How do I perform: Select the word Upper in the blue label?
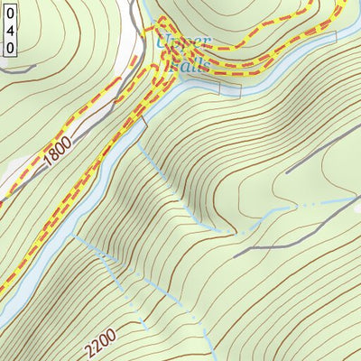183,42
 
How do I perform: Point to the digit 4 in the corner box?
9,27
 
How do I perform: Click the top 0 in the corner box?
9,12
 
